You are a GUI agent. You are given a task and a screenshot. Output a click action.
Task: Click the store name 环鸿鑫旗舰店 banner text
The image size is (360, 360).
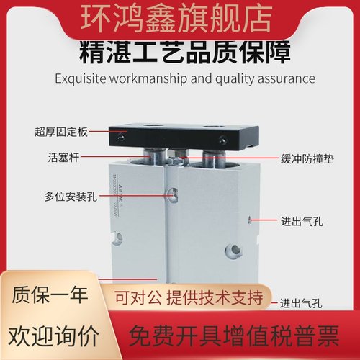point(180,17)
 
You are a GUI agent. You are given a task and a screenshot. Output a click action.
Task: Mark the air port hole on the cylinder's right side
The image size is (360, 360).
point(250,219)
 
